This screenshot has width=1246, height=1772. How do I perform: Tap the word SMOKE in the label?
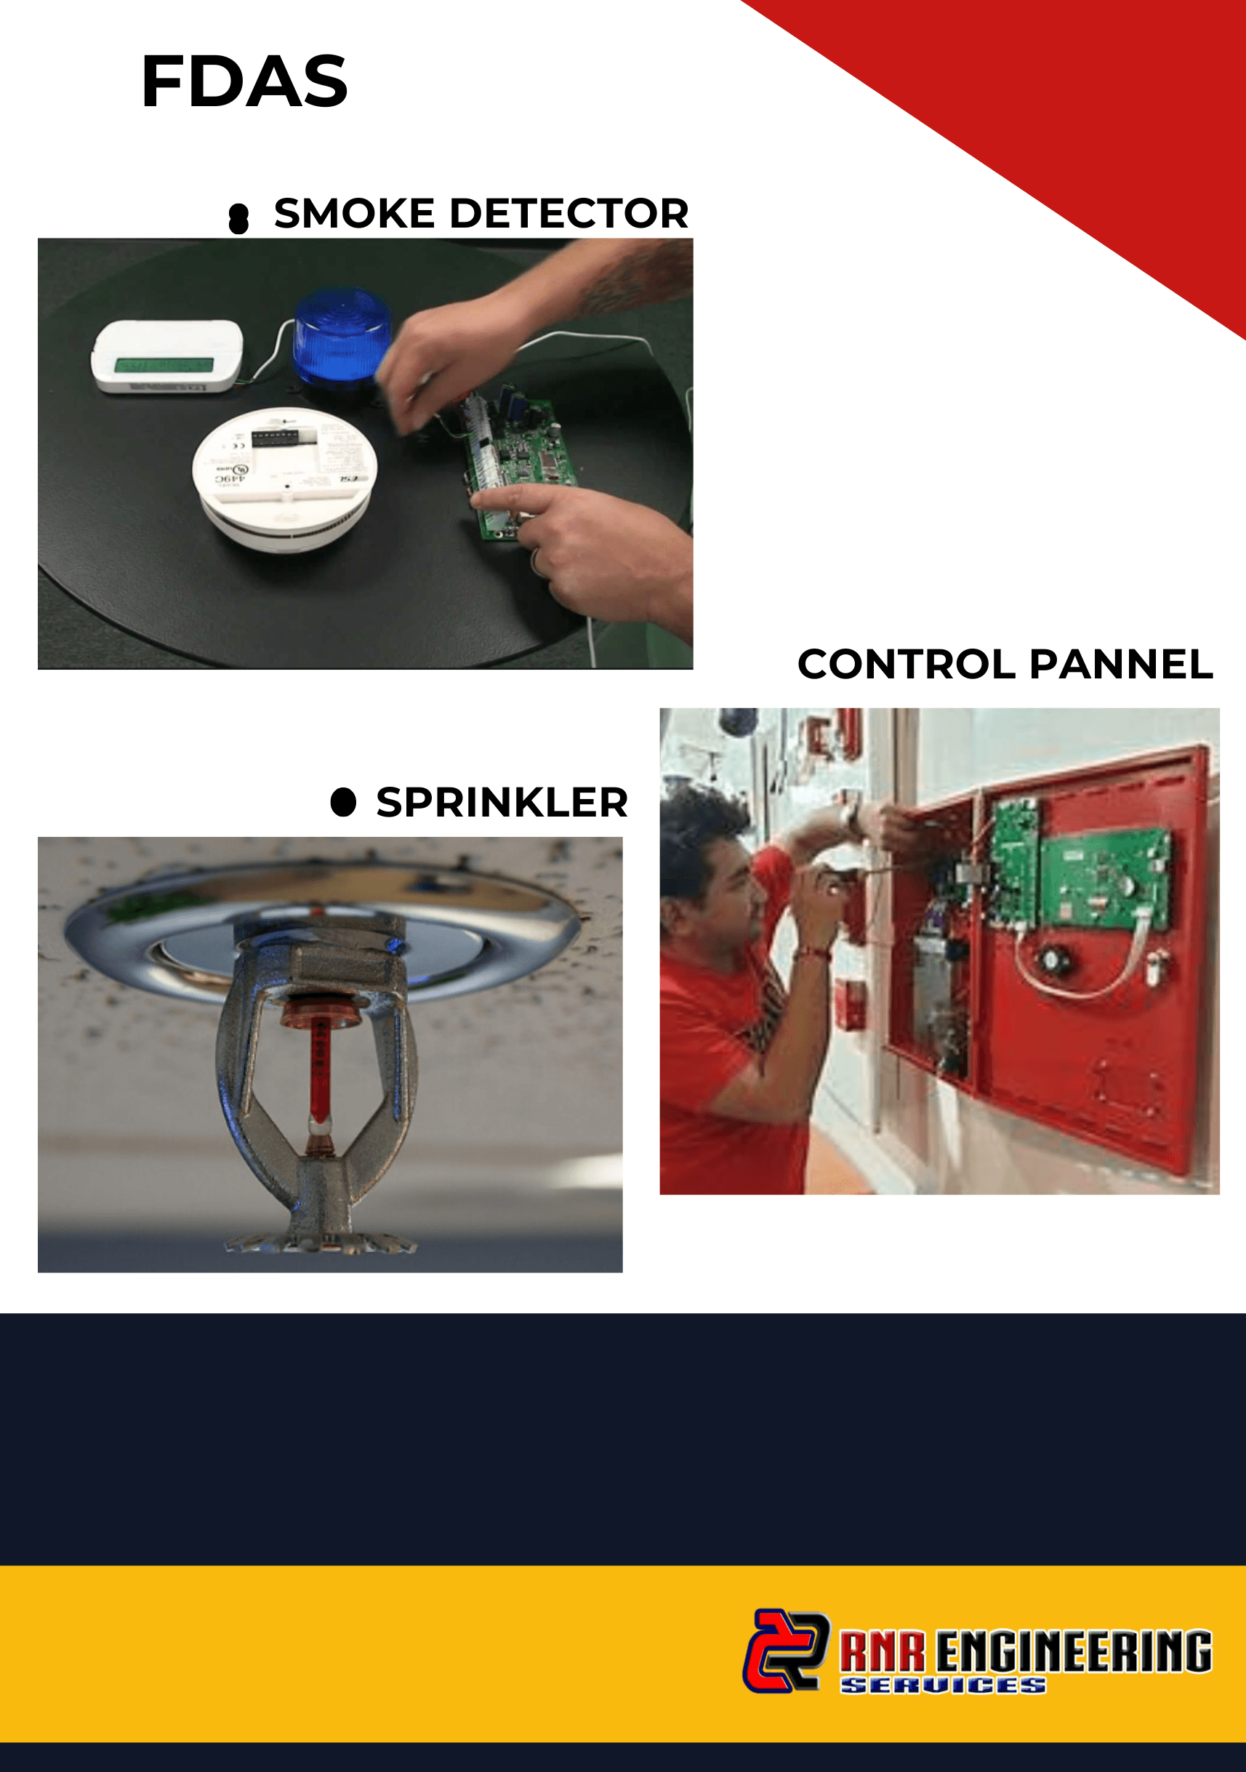pos(354,213)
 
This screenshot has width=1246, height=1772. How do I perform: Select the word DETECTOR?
pos(568,213)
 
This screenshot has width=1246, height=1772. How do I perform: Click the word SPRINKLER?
pos(502,802)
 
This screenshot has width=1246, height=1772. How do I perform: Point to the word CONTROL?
pos(907,664)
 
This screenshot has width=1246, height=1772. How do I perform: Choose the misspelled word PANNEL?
pos(1121,664)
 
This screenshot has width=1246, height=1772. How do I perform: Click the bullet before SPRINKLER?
pos(343,802)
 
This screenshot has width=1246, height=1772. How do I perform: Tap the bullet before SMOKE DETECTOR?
pos(239,218)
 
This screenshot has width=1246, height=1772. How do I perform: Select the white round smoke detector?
pos(285,476)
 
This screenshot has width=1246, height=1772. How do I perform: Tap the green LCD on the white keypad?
pos(164,364)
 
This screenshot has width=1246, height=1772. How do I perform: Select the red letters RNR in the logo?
pos(883,1651)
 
